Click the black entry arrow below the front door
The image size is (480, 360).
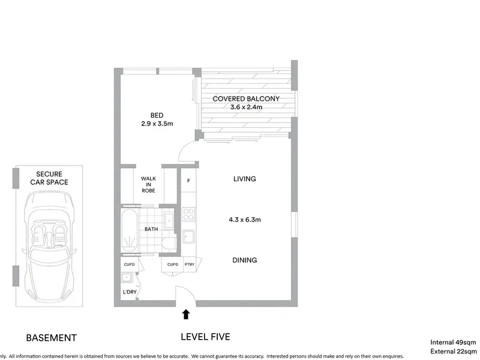tap(186, 314)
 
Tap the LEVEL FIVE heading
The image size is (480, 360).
tap(205, 337)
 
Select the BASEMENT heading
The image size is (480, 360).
tap(52, 338)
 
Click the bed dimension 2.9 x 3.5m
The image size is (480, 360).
tap(157, 124)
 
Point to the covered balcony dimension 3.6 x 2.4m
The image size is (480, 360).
tap(246, 107)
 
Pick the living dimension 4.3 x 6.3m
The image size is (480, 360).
tap(245, 220)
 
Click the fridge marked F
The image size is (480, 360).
tap(188, 181)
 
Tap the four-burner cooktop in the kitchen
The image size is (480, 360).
tap(188, 214)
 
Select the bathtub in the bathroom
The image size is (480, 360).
tap(129, 230)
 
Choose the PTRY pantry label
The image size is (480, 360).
tap(190, 264)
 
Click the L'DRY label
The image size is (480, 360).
tap(130, 292)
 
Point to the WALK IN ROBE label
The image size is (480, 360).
tap(148, 184)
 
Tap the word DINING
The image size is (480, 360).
tap(245, 260)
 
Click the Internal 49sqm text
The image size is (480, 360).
tap(453, 342)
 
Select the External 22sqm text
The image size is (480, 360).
tap(454, 352)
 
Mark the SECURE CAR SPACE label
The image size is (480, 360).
tap(49, 178)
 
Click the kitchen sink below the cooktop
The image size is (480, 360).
tap(188, 236)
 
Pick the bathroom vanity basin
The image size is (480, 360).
tap(169, 220)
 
